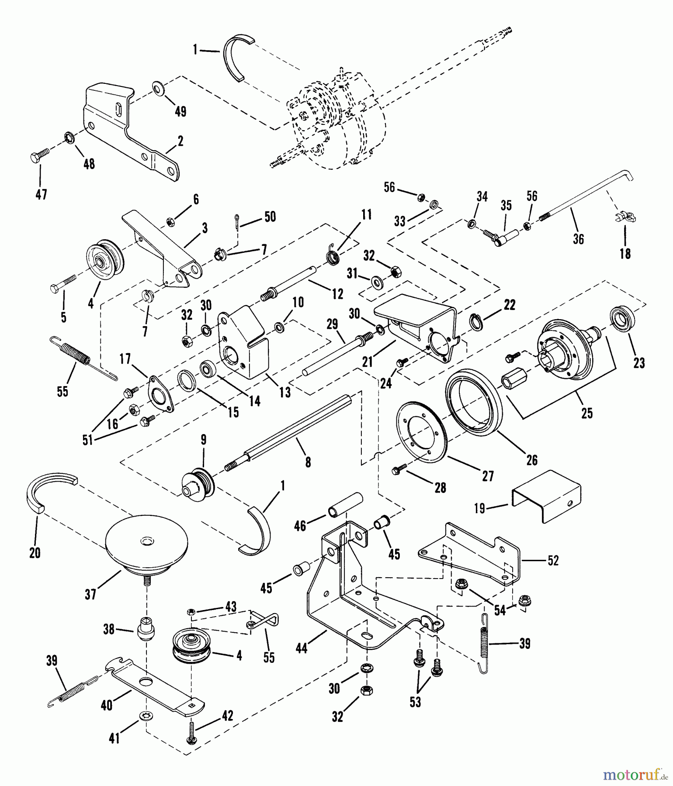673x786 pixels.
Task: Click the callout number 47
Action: [41, 194]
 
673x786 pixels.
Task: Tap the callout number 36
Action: [578, 238]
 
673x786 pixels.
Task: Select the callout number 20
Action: [35, 552]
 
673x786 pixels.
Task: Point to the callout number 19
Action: [480, 508]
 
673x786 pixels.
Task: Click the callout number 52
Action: [553, 560]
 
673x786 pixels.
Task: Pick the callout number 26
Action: [531, 460]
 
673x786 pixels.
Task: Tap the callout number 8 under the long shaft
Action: [308, 462]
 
